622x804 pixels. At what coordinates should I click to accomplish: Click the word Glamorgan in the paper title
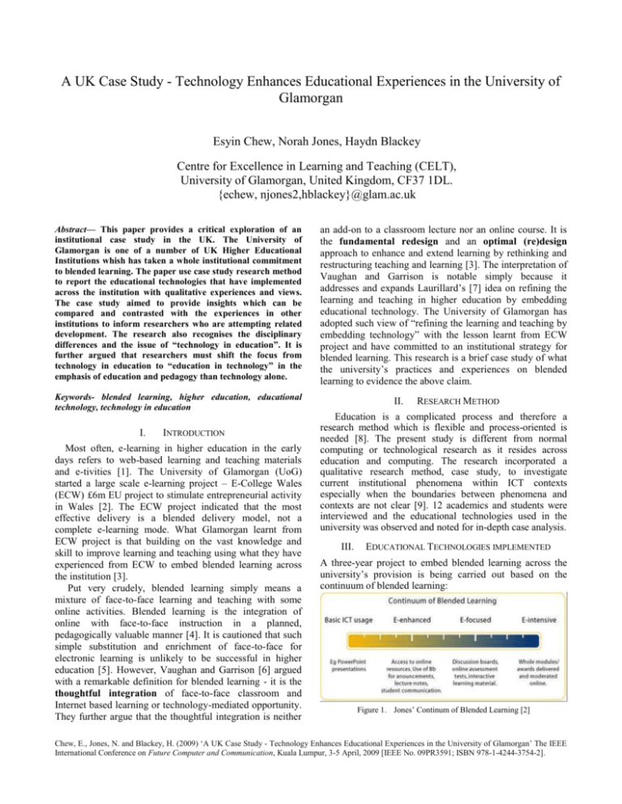tap(311, 81)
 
